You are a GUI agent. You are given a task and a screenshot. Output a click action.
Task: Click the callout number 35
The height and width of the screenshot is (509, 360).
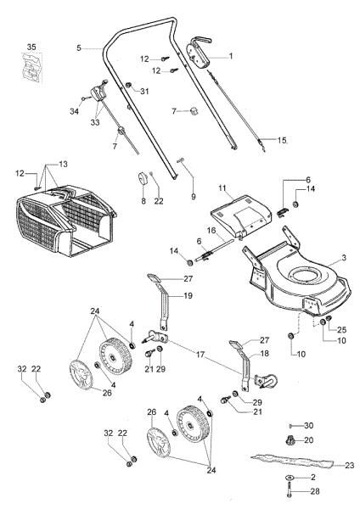31,45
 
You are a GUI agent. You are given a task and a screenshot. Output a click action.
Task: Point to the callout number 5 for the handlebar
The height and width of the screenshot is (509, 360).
78,48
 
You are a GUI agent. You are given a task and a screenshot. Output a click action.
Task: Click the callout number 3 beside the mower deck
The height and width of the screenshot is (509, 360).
344,257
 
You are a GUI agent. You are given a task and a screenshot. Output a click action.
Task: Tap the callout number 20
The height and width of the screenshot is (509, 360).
309,440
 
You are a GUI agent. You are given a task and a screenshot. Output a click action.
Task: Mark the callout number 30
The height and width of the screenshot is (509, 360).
309,424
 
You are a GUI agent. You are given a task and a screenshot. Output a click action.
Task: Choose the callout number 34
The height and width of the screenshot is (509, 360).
74,109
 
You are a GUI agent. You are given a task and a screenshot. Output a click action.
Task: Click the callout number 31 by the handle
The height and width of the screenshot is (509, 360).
144,91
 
